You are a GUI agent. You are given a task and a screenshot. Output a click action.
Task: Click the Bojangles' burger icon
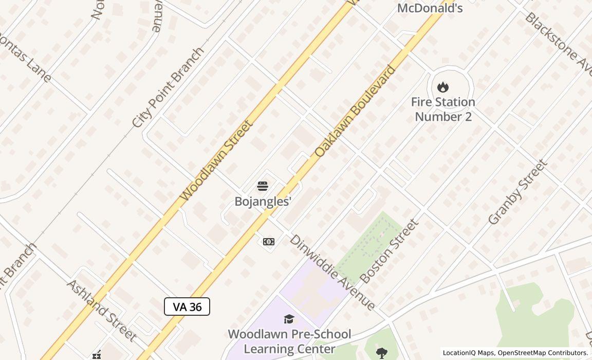point(263,186)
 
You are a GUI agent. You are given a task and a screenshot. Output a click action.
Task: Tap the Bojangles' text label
point(263,201)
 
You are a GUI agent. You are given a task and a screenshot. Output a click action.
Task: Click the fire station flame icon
point(443,87)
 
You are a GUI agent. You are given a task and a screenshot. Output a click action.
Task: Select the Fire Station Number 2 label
point(443,109)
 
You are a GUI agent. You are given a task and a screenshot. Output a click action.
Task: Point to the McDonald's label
point(430,8)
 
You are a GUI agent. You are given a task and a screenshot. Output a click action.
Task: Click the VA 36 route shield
point(187,307)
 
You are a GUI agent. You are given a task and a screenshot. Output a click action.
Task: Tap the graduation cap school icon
point(289,319)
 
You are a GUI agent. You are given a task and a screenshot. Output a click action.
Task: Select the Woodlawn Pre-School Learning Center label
point(289,341)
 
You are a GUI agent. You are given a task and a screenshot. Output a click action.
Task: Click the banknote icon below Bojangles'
point(268,242)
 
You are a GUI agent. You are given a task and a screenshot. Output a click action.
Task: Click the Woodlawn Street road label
point(216,161)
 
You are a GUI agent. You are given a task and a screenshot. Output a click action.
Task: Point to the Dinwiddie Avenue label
point(332,273)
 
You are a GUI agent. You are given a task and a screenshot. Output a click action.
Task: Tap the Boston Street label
point(389,251)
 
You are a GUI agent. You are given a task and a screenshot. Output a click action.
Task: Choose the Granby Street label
point(517,192)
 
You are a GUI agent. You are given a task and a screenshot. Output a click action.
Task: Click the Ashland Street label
point(101,311)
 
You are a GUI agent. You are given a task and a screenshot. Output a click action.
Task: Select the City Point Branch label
point(168,88)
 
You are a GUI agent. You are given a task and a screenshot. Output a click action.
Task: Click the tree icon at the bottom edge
point(381,353)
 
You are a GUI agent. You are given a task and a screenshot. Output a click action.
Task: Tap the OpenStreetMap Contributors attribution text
point(543,353)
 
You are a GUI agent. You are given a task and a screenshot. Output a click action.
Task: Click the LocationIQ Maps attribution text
point(468,353)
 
